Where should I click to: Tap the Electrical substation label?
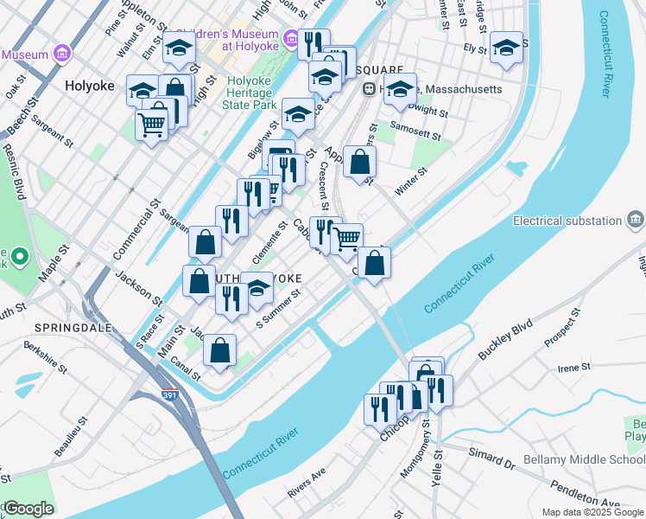click(567, 221)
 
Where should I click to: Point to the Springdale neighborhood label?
click(68, 327)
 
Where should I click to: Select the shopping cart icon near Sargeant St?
click(152, 125)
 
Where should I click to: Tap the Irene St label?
click(573, 368)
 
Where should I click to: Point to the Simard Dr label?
click(492, 459)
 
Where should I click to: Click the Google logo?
click(28, 509)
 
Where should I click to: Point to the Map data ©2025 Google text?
click(592, 512)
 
